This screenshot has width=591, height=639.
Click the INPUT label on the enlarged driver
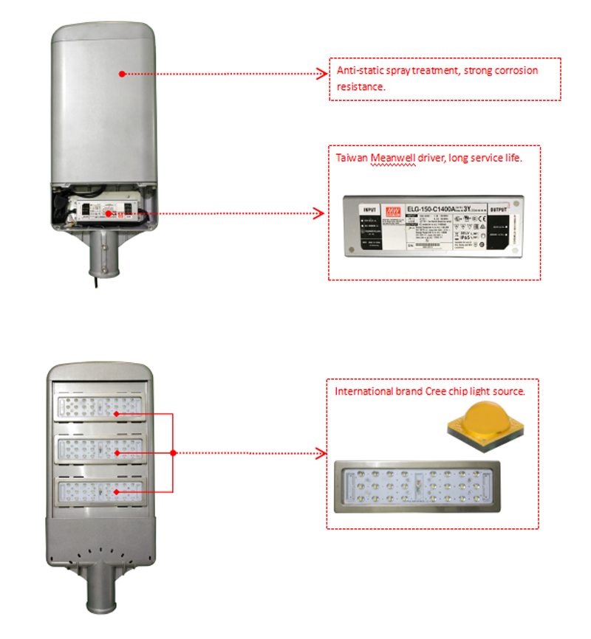click(x=369, y=210)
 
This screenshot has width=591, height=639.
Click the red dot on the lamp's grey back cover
click(x=122, y=74)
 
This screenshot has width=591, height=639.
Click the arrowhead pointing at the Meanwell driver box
click(x=319, y=214)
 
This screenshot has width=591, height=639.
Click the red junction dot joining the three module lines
click(x=172, y=452)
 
